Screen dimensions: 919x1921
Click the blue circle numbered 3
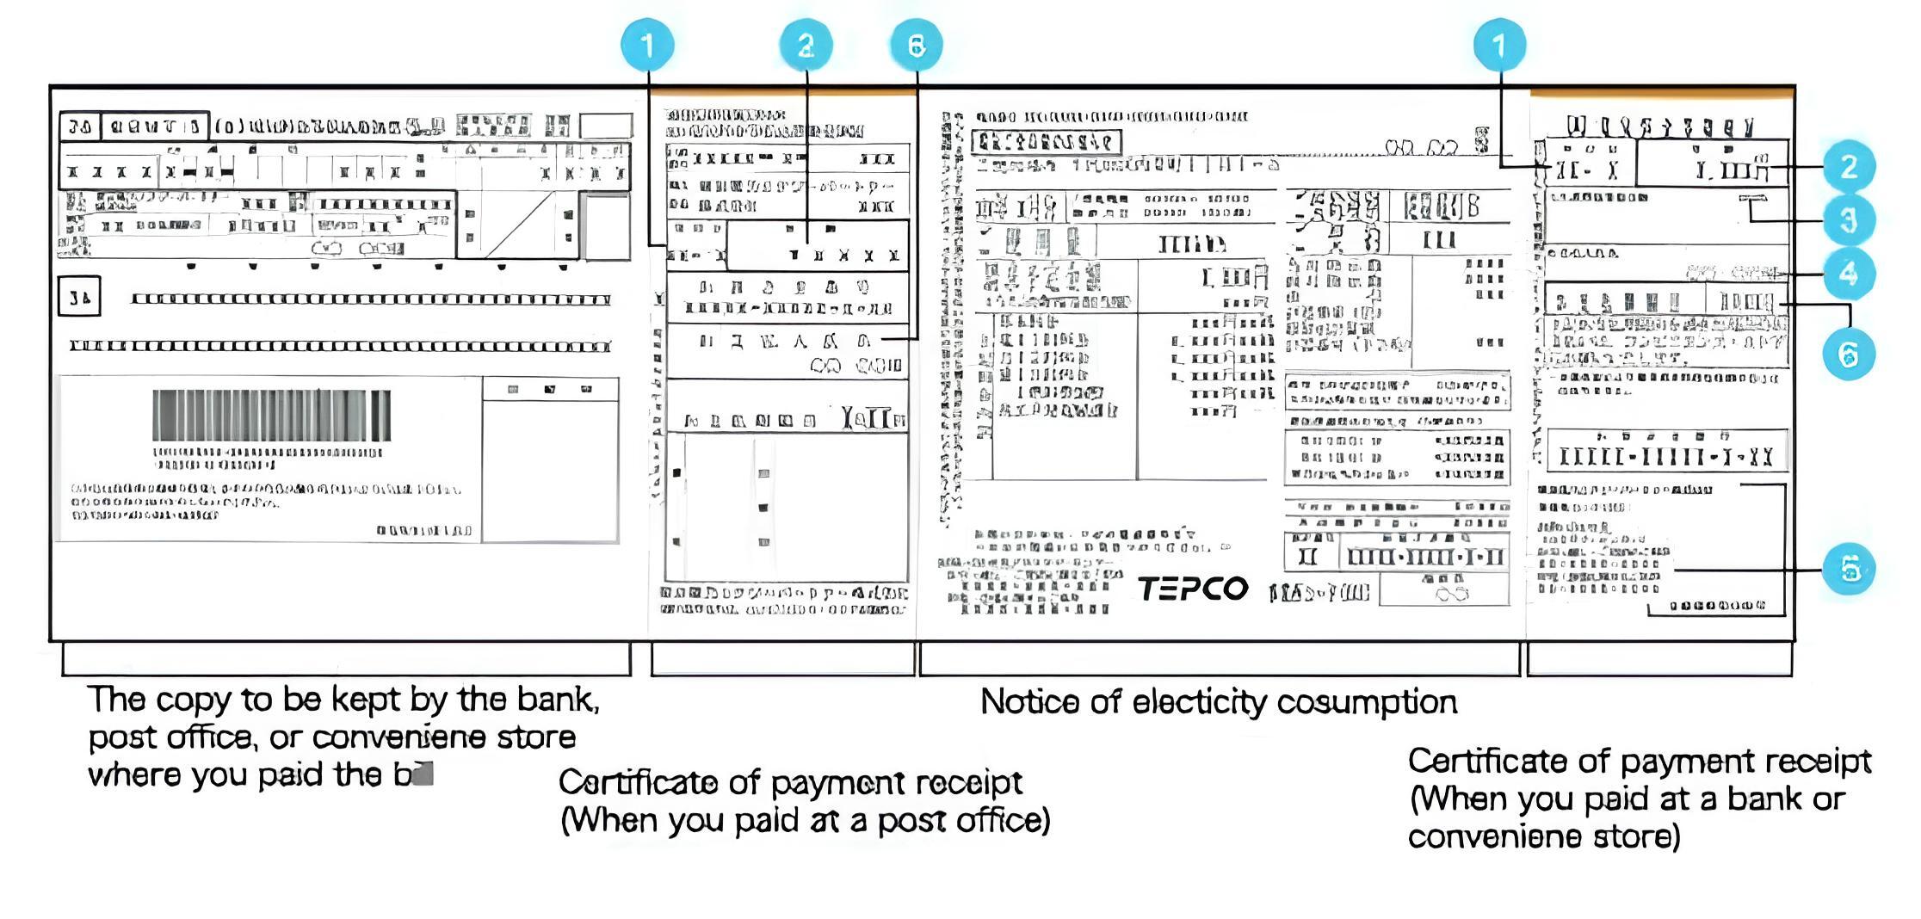click(1848, 220)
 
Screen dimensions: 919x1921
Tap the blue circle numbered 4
click(1848, 274)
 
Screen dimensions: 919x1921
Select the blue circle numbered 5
click(1849, 569)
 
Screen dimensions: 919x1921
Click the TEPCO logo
click(1193, 589)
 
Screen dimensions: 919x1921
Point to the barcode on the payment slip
click(271, 415)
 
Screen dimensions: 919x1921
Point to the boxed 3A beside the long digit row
click(79, 297)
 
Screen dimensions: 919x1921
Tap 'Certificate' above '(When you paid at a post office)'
click(638, 783)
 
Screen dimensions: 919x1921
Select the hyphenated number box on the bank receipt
click(1666, 454)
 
